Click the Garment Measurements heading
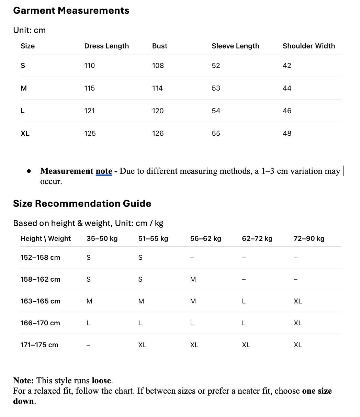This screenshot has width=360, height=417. tap(71, 11)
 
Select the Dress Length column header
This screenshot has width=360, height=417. tap(106, 46)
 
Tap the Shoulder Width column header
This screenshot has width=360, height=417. tap(308, 46)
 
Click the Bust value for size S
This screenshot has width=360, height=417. tap(158, 66)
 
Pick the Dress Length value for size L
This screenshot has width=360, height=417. tap(89, 111)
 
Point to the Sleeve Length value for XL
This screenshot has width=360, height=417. tap(216, 134)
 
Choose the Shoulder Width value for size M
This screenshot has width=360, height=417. tap(287, 88)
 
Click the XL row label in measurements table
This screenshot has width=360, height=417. tap(25, 134)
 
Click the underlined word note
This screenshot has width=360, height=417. tap(104, 171)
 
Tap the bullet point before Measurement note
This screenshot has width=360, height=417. tap(29, 171)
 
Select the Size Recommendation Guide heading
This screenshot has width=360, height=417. tap(82, 204)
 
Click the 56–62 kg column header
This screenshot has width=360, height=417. tap(205, 239)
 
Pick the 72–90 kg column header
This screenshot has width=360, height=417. tap(309, 239)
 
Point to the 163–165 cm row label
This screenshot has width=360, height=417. tap(40, 301)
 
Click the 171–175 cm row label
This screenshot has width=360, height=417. tap(39, 345)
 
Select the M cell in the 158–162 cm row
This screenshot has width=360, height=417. tap(193, 280)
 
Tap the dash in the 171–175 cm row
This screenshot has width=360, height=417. tap(88, 345)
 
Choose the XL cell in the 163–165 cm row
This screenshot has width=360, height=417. tap(297, 301)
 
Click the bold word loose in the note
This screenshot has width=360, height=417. tap(101, 381)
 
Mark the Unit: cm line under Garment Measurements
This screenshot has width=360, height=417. tap(29, 30)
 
